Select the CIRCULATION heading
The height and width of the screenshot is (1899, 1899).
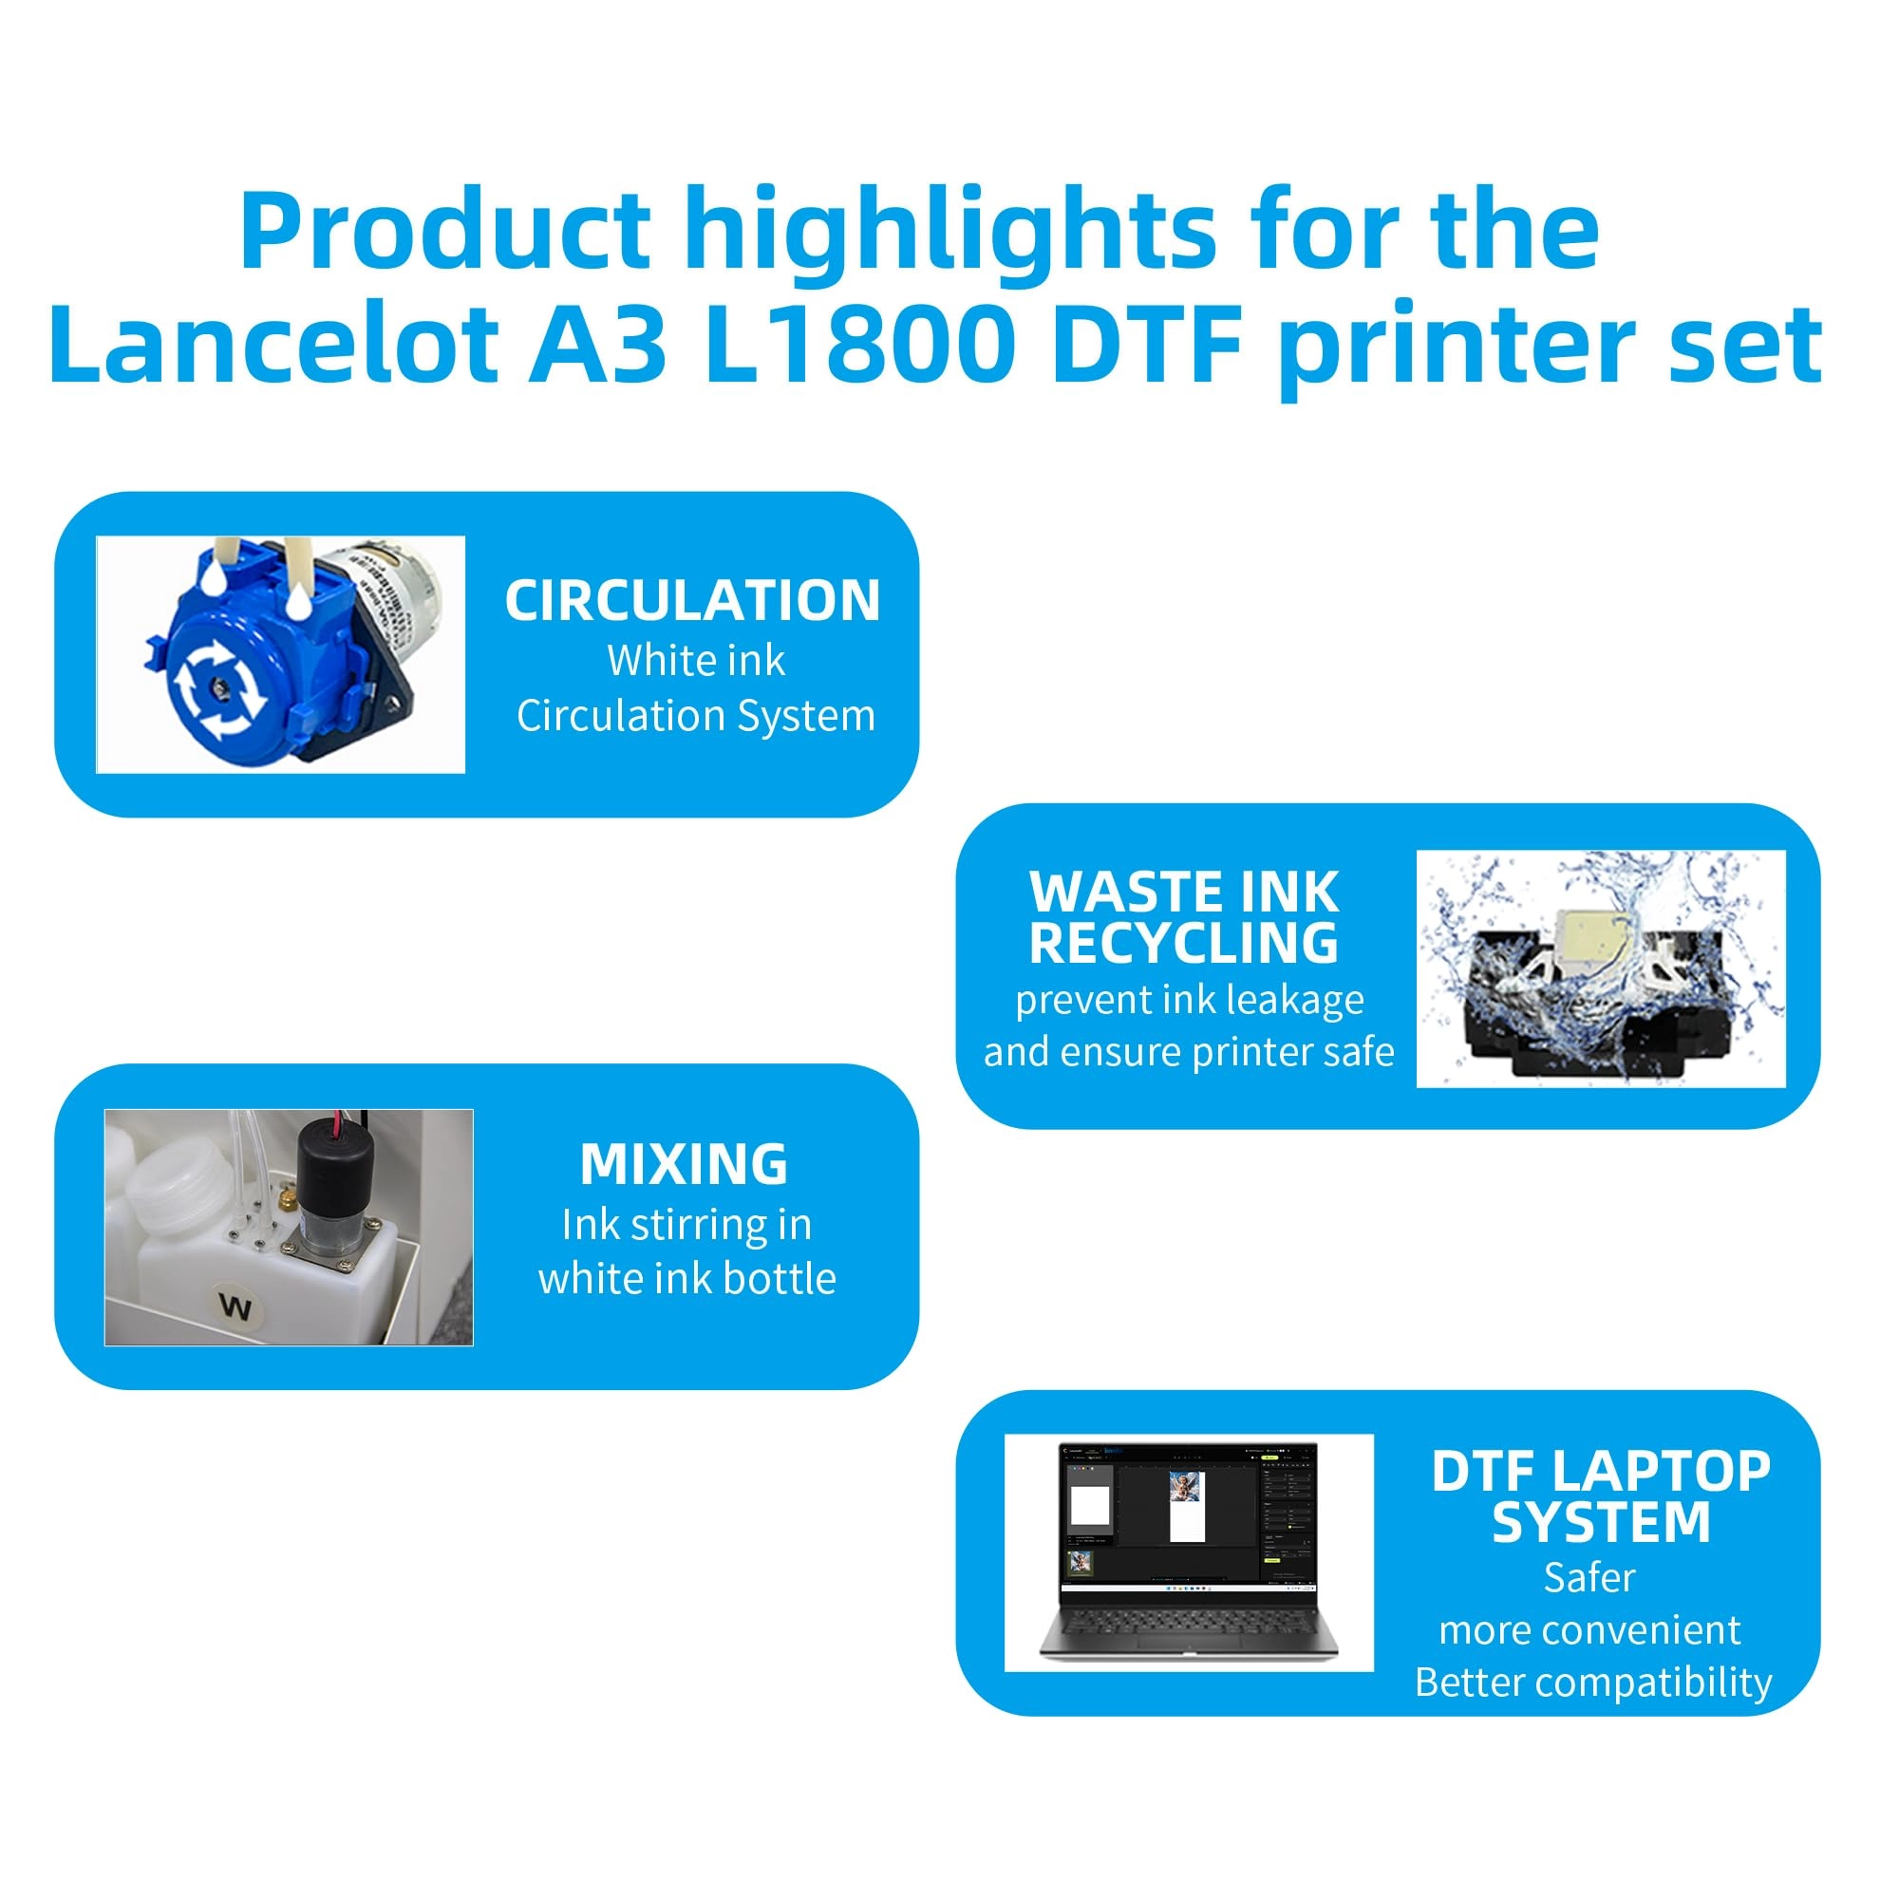tap(692, 601)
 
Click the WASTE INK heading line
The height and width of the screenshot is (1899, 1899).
tap(1183, 892)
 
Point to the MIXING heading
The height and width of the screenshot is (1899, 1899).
tap(684, 1165)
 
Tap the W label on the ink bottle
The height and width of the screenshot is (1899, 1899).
tap(235, 1307)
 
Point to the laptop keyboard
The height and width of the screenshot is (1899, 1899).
tap(1190, 1619)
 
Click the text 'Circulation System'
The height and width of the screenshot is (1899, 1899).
tap(696, 716)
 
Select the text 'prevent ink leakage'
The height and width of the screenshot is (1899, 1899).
tap(1190, 1000)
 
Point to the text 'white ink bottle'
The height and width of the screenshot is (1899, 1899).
tap(687, 1279)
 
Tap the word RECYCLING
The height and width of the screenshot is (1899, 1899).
tap(1183, 943)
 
